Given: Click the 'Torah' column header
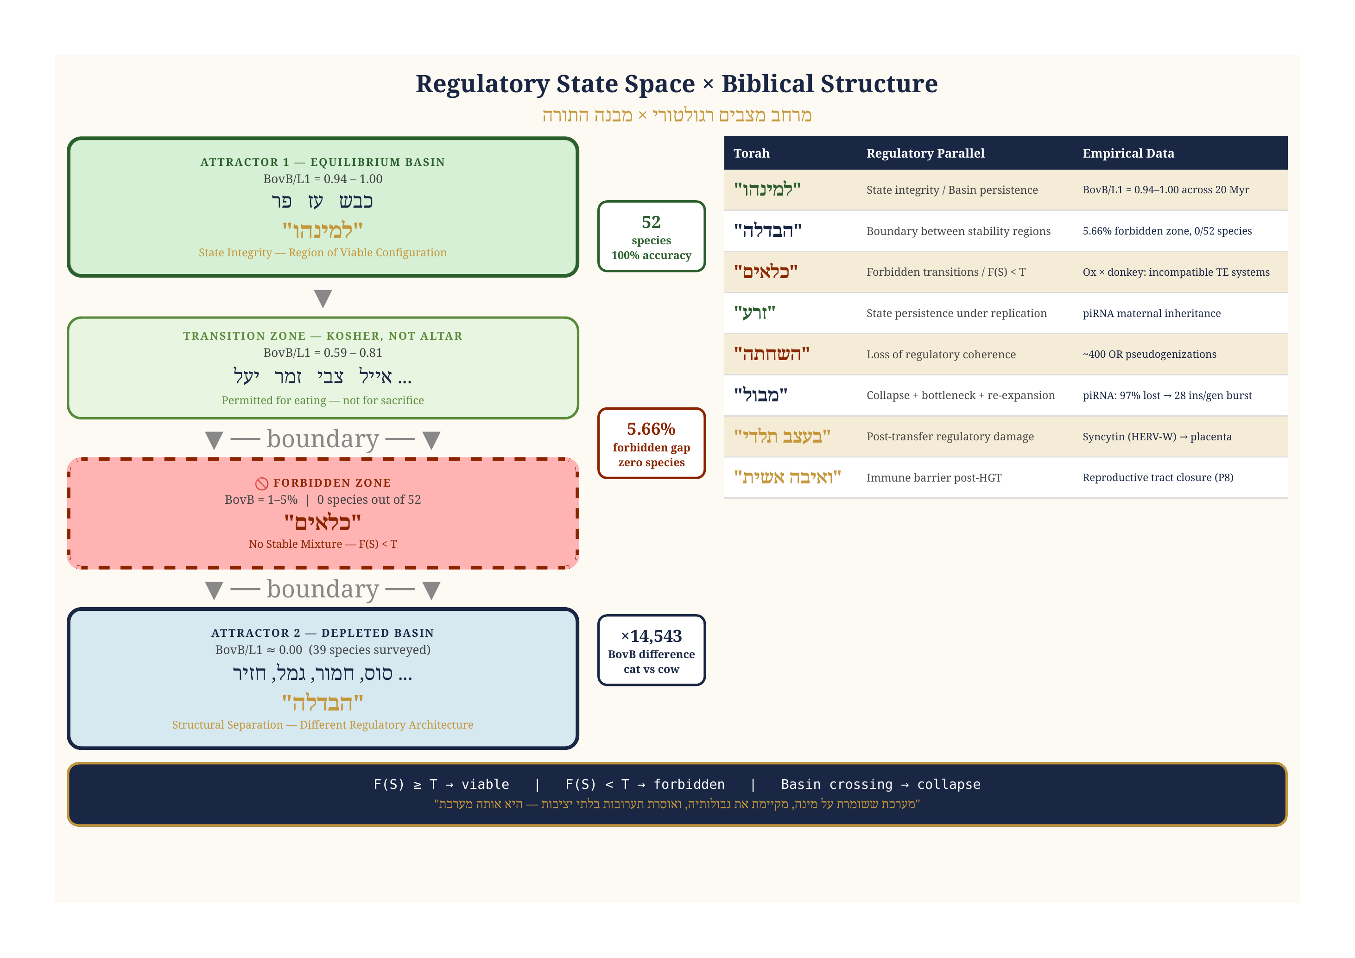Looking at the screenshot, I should (x=751, y=153).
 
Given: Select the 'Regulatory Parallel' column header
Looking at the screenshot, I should (x=925, y=153).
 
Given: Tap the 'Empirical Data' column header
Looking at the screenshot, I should (x=1128, y=153).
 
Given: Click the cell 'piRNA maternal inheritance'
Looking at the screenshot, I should (x=1151, y=313).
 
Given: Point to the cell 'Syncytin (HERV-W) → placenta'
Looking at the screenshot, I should (x=1157, y=437).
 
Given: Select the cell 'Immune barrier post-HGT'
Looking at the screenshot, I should (x=934, y=477).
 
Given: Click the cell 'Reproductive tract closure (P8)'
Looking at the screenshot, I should (x=1157, y=477).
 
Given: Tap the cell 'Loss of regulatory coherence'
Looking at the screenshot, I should (x=941, y=354).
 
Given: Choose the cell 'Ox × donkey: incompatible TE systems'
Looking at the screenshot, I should (x=1176, y=272).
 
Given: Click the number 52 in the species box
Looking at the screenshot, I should (x=651, y=222).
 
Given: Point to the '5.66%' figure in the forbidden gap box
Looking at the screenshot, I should (x=651, y=429).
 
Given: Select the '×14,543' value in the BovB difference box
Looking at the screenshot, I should (x=651, y=636).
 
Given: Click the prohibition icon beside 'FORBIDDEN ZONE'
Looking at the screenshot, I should (x=261, y=483).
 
